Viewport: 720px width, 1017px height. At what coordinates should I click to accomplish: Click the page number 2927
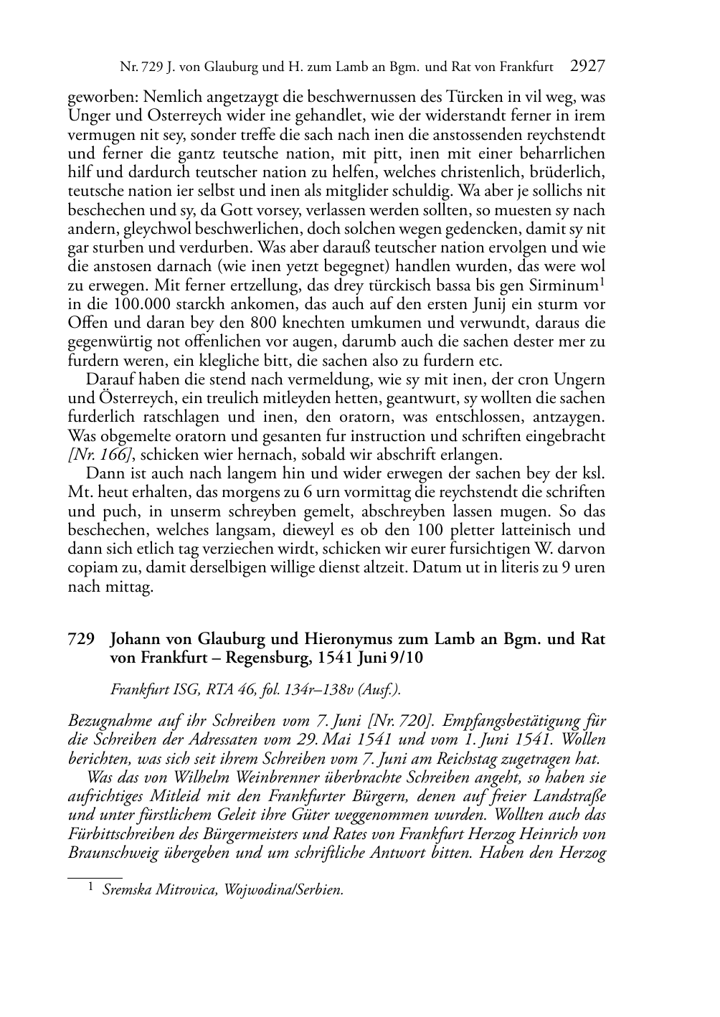click(x=587, y=67)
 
